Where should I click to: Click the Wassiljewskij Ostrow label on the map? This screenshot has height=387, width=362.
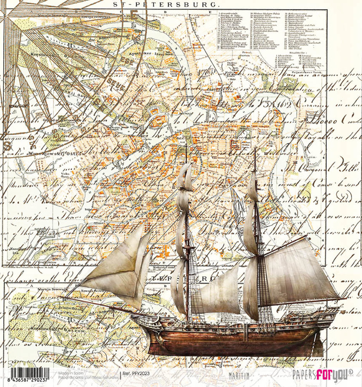click(48, 154)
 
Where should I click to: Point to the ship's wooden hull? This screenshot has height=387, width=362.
click(233, 341)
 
